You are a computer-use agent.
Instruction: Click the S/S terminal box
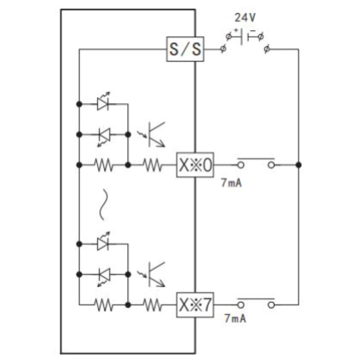(185, 49)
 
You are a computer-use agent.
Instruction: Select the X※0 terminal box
(195, 165)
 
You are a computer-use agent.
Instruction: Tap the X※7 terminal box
(195, 305)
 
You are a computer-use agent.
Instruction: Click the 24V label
(245, 18)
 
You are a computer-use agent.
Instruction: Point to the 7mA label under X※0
(231, 183)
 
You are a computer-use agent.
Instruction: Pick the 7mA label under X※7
(235, 318)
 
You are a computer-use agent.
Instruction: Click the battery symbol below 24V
(245, 37)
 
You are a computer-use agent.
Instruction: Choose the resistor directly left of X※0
(152, 165)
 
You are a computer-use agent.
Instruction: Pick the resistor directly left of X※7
(152, 305)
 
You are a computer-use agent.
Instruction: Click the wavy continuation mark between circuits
(103, 204)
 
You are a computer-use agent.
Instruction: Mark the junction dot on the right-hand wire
(298, 165)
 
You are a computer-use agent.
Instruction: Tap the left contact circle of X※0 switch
(241, 165)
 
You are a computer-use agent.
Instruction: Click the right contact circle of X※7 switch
(271, 305)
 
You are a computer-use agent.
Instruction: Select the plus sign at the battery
(236, 30)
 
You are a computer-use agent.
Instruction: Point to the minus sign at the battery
(253, 30)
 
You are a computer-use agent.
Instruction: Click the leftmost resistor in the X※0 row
(103, 165)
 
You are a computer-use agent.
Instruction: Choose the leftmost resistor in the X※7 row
(103, 305)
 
